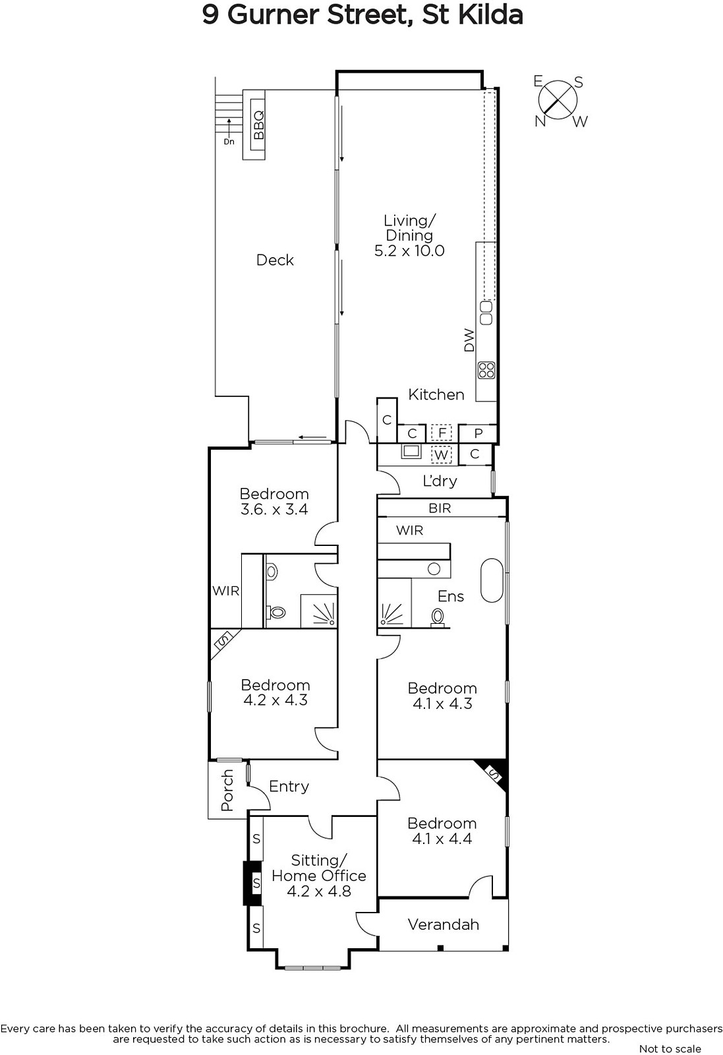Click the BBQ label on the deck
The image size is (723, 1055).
point(258,125)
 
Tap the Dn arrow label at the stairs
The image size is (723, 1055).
point(229,141)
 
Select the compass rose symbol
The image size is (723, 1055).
point(558,101)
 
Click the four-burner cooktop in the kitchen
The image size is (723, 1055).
point(486,370)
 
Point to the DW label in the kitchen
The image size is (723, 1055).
point(469,340)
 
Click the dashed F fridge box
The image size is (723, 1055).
point(442,433)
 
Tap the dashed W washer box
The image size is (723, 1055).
point(441,454)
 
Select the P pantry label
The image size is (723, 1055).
point(478,433)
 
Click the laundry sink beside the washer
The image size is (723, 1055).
point(411,451)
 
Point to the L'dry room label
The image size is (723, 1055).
point(440,481)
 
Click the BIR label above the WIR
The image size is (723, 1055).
point(440,508)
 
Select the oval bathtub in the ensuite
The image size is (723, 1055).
point(492,580)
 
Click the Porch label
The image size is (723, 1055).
point(227,790)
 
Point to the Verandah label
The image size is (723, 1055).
point(444,924)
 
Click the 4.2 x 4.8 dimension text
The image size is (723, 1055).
point(319,891)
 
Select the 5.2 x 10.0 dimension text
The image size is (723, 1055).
point(409,251)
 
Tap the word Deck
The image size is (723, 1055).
point(275,260)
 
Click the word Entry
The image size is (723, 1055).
point(289,787)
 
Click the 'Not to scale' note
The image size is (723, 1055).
point(670,1048)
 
